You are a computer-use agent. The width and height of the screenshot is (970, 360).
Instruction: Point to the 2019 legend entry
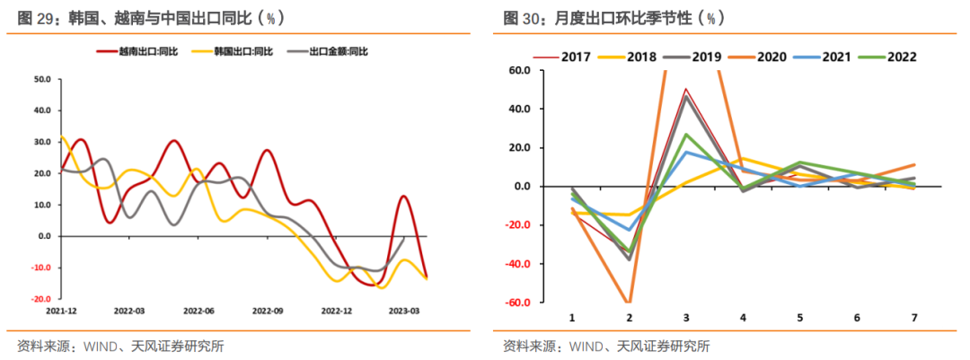click(706, 57)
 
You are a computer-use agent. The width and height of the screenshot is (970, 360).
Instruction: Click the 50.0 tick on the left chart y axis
click(41, 79)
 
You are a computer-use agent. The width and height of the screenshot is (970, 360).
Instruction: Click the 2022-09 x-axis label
click(269, 312)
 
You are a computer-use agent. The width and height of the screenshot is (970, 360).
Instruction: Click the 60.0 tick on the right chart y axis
click(520, 70)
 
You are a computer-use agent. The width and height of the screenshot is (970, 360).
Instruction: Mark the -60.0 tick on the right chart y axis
click(518, 303)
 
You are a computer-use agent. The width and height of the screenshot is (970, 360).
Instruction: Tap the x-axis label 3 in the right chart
click(686, 318)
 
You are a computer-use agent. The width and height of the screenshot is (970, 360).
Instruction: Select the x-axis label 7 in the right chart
click(914, 318)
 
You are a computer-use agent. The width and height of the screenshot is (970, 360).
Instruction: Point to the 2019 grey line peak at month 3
click(686, 96)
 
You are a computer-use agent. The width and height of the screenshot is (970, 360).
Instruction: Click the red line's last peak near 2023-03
click(404, 196)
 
